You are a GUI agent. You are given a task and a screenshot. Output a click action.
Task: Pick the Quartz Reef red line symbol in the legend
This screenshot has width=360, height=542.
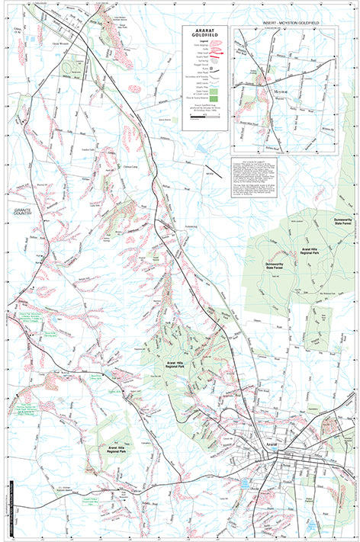coord(214,56)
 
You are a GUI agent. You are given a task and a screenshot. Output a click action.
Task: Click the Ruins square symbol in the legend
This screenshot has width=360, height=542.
coord(211,69)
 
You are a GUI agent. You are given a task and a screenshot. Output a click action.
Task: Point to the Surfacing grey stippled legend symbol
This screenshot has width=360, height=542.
coord(214,61)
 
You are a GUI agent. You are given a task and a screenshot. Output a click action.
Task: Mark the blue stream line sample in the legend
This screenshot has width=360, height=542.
coord(214,87)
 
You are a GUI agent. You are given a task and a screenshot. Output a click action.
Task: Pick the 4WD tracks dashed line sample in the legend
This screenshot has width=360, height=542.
coord(214,83)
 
